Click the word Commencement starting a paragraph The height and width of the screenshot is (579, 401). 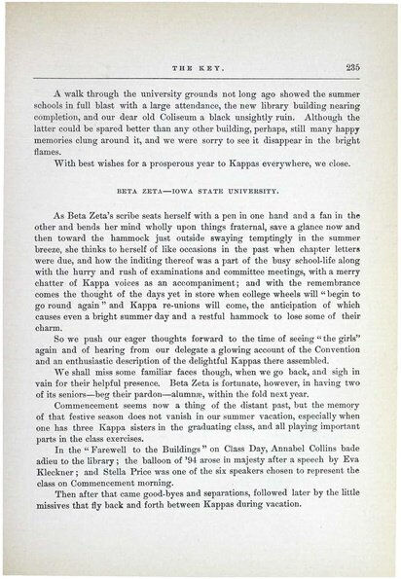tap(95, 439)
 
